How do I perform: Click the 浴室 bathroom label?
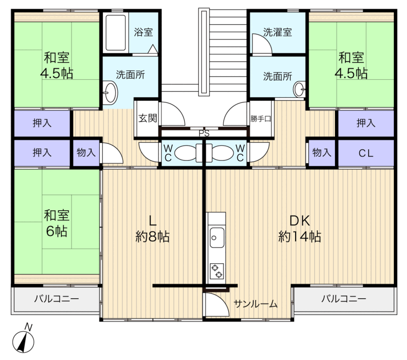tap(143, 32)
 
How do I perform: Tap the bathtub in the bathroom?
tap(116, 32)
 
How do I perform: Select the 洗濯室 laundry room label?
tap(278, 32)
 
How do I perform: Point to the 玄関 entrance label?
tap(148, 118)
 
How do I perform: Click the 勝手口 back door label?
tap(260, 118)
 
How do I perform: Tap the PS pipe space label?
tap(204, 134)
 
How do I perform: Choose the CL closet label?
tap(366, 153)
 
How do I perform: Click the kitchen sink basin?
tap(217, 237)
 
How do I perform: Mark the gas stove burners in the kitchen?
tap(217, 271)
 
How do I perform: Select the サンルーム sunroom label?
tap(256, 304)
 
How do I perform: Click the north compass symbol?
tap(23, 339)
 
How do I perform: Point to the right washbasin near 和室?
tap(299, 89)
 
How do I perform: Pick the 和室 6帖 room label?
tap(56, 223)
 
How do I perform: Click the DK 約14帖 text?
tap(300, 229)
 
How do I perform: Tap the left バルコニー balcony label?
tap(56, 298)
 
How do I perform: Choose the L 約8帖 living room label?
tap(153, 229)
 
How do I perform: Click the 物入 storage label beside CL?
tap(322, 152)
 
